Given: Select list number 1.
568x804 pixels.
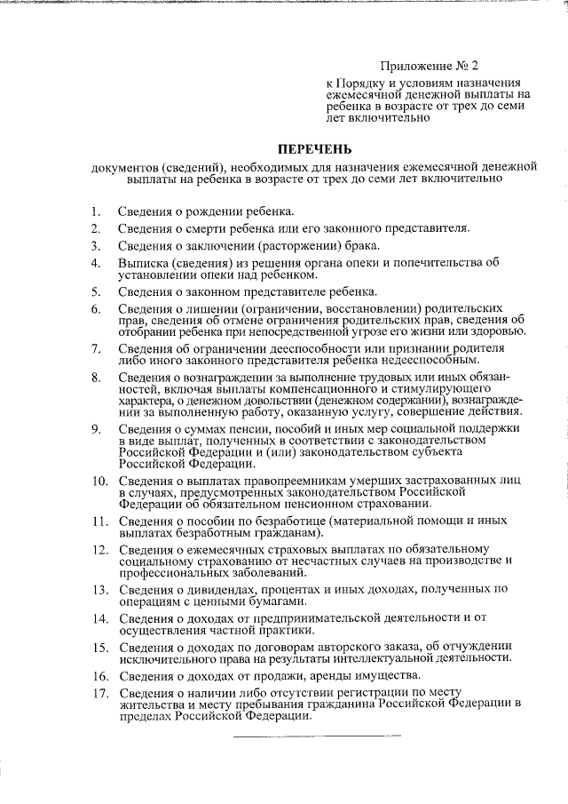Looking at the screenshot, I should (x=93, y=212).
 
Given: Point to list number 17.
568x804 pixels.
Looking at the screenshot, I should (x=99, y=692).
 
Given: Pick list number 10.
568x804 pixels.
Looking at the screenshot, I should (x=99, y=482).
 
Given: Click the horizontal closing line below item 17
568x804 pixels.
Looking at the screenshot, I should (x=317, y=735).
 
